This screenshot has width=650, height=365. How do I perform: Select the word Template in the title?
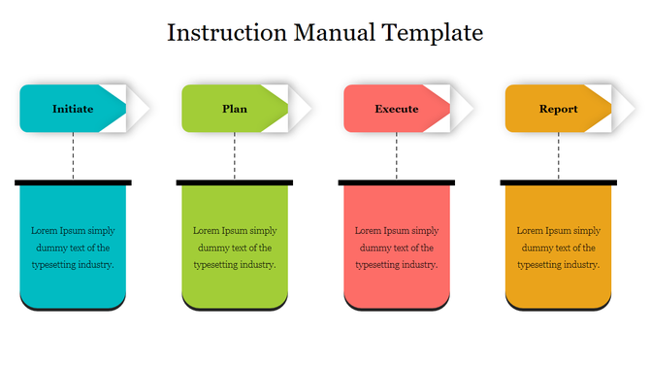434,32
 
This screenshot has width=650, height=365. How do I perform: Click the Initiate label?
73,109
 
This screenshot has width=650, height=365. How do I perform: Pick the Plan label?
235,109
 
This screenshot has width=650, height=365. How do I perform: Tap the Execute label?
396,109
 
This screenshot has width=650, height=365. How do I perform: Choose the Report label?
558,109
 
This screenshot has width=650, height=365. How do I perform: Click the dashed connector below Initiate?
73,155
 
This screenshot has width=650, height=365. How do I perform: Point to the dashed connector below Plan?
235,155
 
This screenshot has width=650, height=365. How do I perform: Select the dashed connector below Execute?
397,155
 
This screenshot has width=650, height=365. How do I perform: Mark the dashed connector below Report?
559,155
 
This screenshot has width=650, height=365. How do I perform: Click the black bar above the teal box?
73,182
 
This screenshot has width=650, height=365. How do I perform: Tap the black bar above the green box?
235,182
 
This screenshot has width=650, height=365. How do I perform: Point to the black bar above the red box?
397,182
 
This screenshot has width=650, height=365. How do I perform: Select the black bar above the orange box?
559,182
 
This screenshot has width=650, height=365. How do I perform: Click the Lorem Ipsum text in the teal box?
73,248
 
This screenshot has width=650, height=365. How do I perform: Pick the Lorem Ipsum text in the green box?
235,248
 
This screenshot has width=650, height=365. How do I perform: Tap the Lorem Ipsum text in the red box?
397,248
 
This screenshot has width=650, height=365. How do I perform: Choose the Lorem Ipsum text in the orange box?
559,248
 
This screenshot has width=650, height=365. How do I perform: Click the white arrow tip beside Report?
627,109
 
